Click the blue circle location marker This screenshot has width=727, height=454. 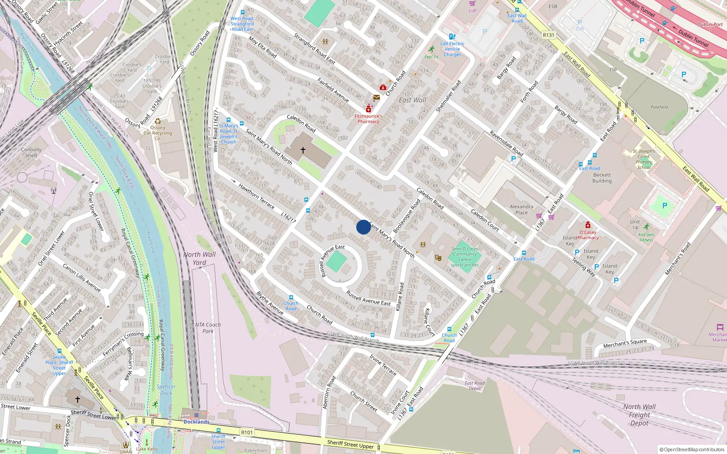(x=363, y=227)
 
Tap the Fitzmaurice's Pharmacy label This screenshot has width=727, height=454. (x=368, y=118)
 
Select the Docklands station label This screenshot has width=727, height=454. (x=196, y=422)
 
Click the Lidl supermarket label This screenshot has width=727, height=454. (x=473, y=10)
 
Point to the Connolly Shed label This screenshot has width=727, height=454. (x=31, y=152)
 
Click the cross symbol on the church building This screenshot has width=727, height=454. (x=303, y=150)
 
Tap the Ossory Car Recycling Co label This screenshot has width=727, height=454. (x=158, y=133)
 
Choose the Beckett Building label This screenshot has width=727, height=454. (x=602, y=178)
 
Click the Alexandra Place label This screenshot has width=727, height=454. (x=521, y=209)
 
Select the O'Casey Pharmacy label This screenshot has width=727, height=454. (x=588, y=235)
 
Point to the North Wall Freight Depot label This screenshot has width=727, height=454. (x=639, y=415)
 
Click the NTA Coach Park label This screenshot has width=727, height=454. (x=208, y=328)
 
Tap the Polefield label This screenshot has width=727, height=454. (x=659, y=107)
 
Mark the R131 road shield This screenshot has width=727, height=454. (x=548, y=35)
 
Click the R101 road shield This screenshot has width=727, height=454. (x=247, y=432)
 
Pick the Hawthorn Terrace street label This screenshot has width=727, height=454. (x=256, y=196)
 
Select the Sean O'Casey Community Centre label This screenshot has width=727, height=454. (x=464, y=257)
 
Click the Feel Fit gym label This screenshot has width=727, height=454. (x=431, y=57)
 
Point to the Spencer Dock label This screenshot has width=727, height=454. (x=166, y=390)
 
